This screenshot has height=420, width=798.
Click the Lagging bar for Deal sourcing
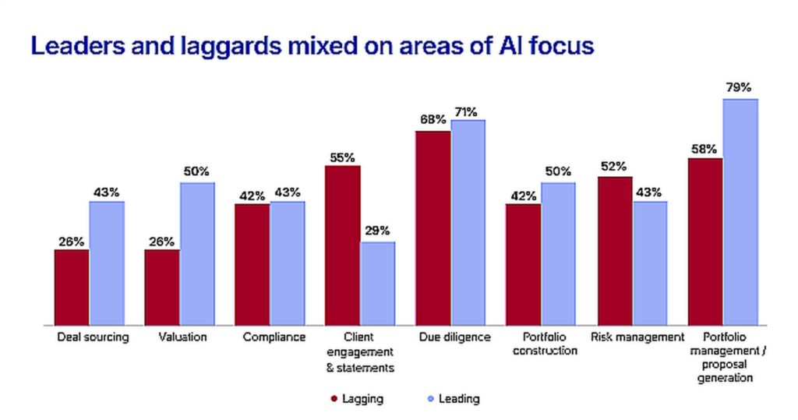72,287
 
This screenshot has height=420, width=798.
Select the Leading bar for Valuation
197,253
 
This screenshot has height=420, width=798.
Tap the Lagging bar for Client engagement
342,245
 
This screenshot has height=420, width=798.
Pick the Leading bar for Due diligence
468,222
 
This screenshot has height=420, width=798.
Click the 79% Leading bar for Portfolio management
740,211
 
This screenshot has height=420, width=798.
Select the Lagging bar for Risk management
614,250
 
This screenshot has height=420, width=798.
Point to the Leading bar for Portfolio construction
559,253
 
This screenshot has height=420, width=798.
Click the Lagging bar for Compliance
252,264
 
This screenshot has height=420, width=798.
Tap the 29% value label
377,231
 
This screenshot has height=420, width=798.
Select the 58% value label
704,147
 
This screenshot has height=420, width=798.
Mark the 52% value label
614,166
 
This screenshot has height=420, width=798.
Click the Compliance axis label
270,337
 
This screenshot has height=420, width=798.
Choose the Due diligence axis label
450,337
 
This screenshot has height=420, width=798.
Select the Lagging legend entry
363,399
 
